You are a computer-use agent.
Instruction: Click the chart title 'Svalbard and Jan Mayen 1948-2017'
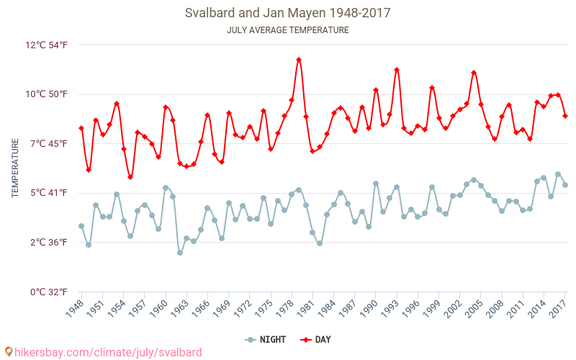[287, 14]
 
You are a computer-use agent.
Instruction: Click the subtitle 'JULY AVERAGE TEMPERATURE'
[287, 30]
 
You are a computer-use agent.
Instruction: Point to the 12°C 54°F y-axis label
[47, 45]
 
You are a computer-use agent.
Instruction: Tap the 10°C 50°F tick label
[47, 94]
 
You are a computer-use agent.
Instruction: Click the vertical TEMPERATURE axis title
[15, 168]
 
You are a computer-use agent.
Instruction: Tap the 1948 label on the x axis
[74, 309]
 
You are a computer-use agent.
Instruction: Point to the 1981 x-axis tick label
[305, 309]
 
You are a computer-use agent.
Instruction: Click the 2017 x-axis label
[558, 309]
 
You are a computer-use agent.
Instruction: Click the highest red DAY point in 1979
[299, 60]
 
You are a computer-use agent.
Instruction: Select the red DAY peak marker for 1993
[397, 70]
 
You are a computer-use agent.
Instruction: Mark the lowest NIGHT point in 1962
[180, 253]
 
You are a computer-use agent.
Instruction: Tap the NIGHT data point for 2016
[558, 174]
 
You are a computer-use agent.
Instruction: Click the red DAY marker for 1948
[81, 128]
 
